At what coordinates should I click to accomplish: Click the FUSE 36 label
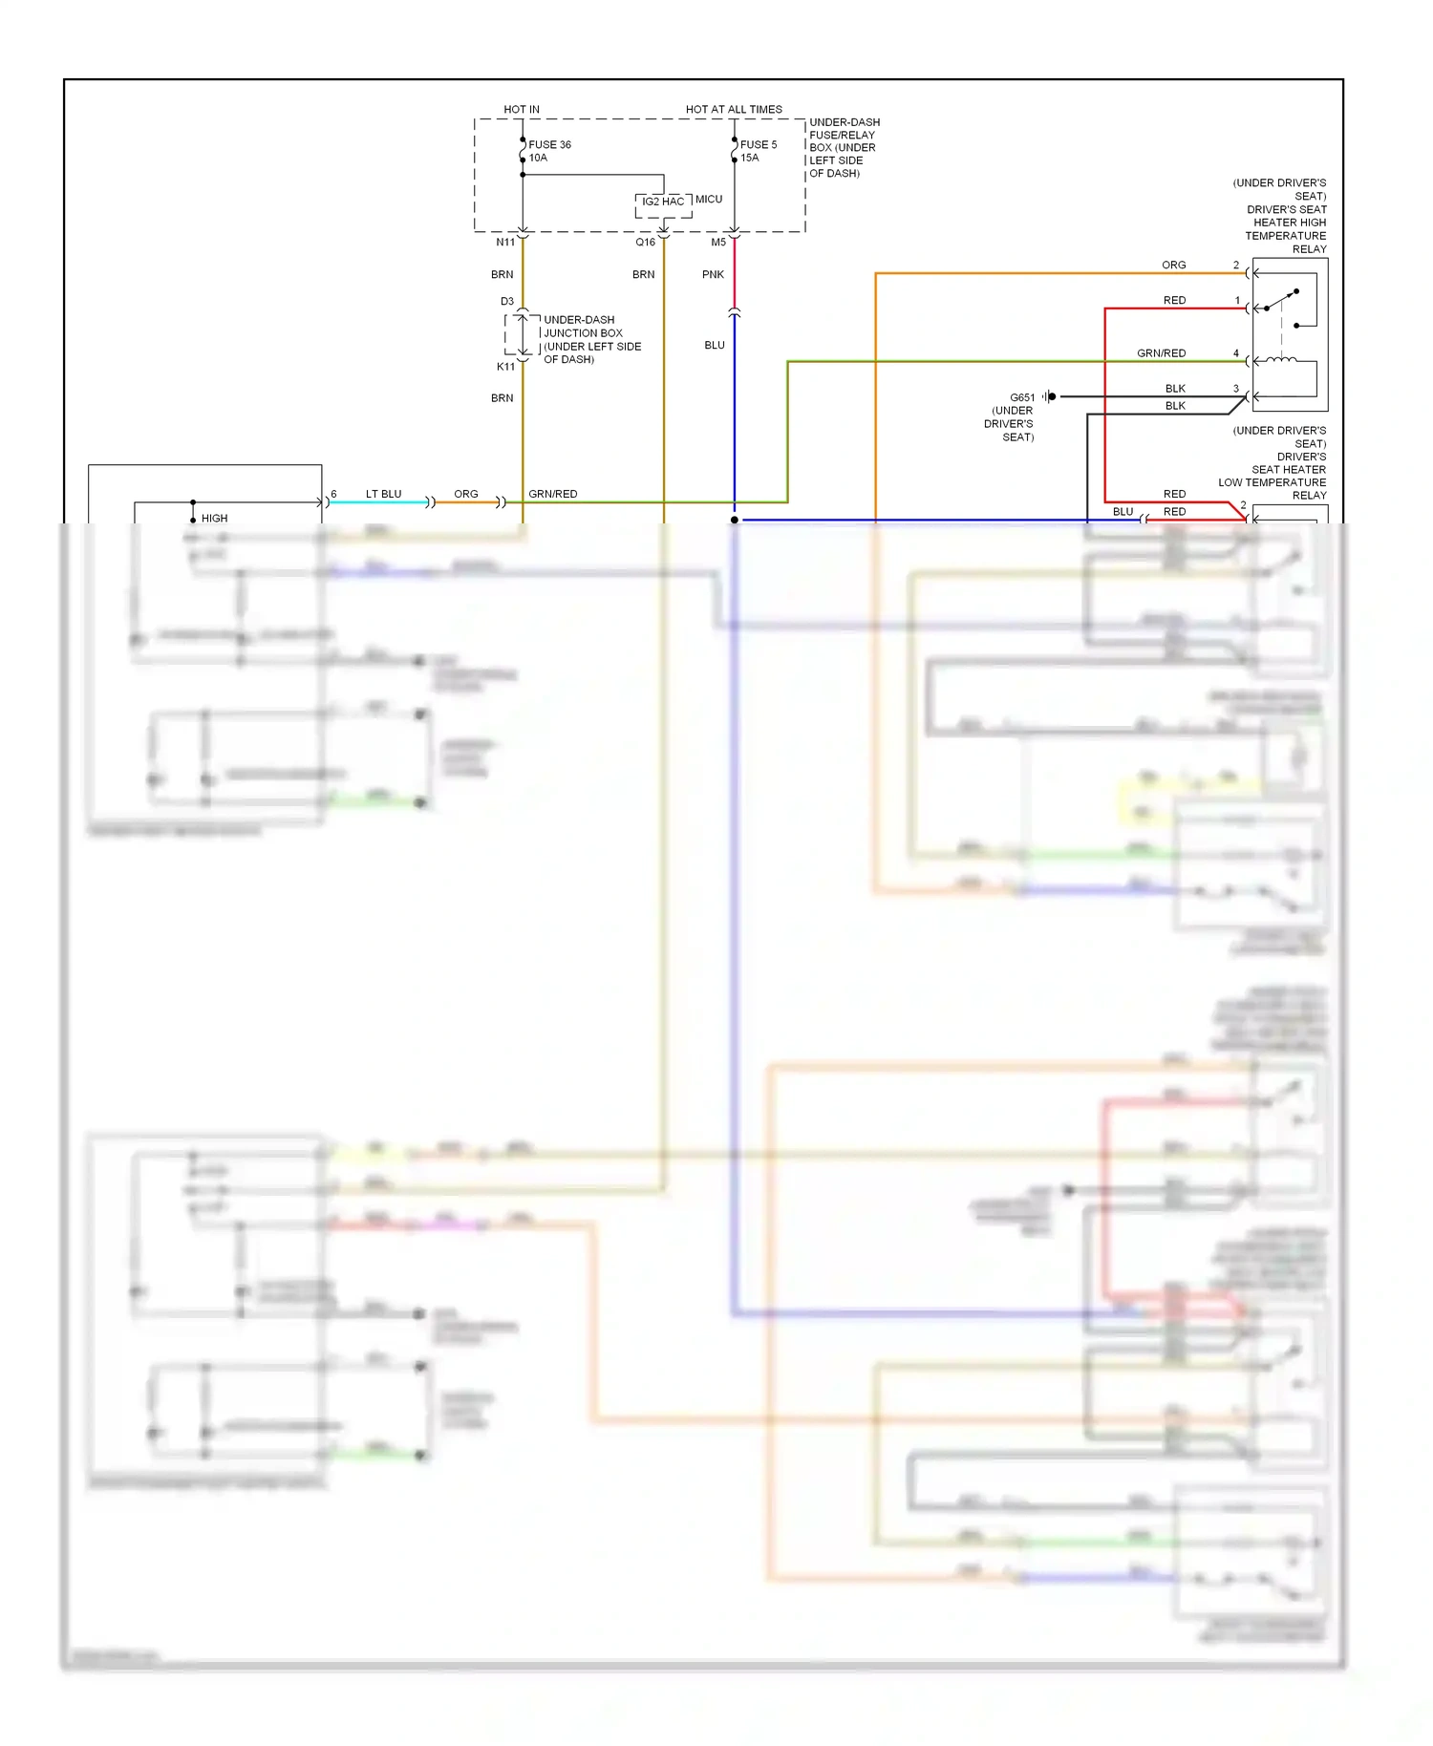pos(549,145)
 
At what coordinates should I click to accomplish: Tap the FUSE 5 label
pos(759,145)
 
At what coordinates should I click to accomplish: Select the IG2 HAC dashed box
pos(663,202)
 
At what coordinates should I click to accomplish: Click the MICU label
pos(709,200)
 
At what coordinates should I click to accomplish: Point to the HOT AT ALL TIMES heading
pos(734,110)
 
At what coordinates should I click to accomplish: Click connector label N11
pos(505,243)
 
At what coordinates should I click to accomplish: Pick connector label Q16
pos(646,243)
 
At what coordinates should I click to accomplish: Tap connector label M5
pos(718,243)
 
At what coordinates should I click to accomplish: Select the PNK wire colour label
pos(713,275)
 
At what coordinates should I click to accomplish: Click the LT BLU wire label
pos(383,495)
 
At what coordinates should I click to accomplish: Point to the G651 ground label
pos(1022,397)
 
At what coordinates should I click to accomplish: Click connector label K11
pos(505,367)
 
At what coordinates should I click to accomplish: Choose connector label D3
pos(507,302)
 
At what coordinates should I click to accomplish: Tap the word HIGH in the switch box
pos(214,519)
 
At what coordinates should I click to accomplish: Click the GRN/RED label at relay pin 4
pos(1161,353)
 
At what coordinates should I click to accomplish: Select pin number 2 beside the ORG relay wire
pos(1235,266)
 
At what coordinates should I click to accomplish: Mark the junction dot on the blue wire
pos(734,521)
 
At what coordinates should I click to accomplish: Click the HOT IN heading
pos(522,110)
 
